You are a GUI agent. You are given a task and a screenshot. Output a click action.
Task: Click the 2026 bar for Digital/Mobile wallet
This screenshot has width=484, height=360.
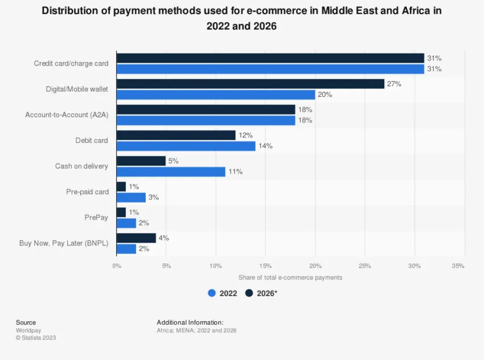pyautogui.click(x=251, y=84)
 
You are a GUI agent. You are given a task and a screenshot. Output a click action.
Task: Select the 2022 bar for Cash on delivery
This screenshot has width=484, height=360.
pyautogui.click(x=171, y=171)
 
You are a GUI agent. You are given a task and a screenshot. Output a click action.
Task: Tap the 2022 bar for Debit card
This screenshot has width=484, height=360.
pyautogui.click(x=186, y=146)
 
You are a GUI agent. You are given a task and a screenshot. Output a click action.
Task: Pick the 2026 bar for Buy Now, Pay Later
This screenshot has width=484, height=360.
pyautogui.click(x=136, y=238)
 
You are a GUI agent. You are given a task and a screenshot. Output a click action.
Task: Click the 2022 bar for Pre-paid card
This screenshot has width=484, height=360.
pyautogui.click(x=131, y=197)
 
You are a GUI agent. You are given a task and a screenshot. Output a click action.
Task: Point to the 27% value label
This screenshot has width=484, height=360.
pyautogui.click(x=394, y=84)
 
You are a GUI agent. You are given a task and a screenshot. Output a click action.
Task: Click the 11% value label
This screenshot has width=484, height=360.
pyautogui.click(x=235, y=171)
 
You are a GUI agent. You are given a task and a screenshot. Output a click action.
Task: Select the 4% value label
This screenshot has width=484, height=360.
pyautogui.click(x=163, y=238)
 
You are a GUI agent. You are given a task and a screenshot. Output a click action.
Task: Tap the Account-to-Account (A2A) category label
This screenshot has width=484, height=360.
pyautogui.click(x=67, y=115)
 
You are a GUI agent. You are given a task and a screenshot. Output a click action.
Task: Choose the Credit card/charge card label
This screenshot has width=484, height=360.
pyautogui.click(x=71, y=64)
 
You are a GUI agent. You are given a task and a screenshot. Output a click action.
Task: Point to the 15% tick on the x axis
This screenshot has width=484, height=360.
pyautogui.click(x=265, y=266)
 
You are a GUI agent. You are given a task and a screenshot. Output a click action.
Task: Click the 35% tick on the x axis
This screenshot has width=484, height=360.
pyautogui.click(x=458, y=266)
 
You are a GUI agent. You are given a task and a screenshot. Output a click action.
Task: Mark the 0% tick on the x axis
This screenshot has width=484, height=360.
pyautogui.click(x=117, y=266)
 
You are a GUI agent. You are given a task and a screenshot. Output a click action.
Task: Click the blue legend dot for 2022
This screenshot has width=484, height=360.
pyautogui.click(x=212, y=293)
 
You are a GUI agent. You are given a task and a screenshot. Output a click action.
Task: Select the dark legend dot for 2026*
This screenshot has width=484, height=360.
pyautogui.click(x=249, y=293)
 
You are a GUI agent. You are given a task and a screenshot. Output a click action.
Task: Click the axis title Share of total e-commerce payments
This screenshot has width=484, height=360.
pyautogui.click(x=290, y=277)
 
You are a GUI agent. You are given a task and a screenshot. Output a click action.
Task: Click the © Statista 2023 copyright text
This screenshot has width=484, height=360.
pyautogui.click(x=36, y=338)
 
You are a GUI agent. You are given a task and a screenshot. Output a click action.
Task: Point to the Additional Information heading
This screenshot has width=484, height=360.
pyautogui.click(x=190, y=322)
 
